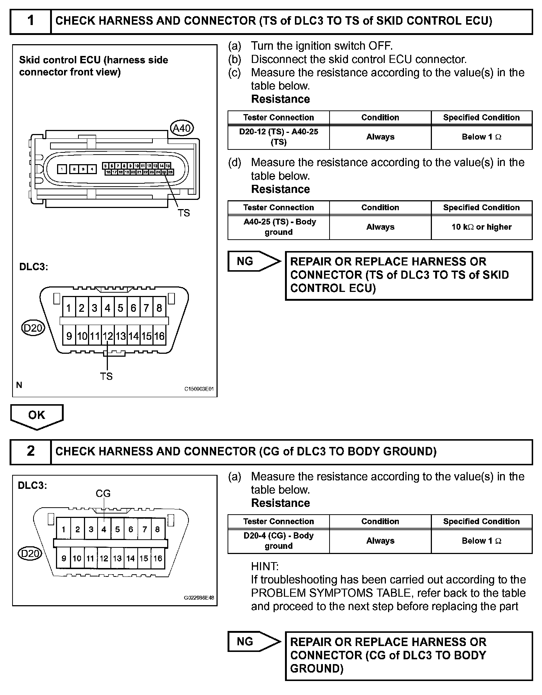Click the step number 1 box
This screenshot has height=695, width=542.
pyautogui.click(x=31, y=21)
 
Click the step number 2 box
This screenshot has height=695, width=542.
pyautogui.click(x=31, y=451)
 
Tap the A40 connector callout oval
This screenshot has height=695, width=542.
pyautogui.click(x=182, y=128)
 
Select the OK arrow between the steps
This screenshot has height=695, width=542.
pyautogui.click(x=37, y=416)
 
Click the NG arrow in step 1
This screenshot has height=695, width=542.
pyautogui.click(x=254, y=261)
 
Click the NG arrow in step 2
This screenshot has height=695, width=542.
pyautogui.click(x=254, y=642)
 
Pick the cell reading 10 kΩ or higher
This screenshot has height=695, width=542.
pyautogui.click(x=482, y=227)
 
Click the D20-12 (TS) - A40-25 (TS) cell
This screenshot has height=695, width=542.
pyautogui.click(x=279, y=137)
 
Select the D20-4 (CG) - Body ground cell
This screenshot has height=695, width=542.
pyautogui.click(x=279, y=541)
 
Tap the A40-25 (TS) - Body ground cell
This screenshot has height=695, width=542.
pyautogui.click(x=279, y=227)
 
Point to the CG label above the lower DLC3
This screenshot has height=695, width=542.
pyautogui.click(x=103, y=493)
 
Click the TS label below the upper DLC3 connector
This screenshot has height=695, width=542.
pyautogui.click(x=106, y=376)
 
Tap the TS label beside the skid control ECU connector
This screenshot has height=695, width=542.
pyautogui.click(x=184, y=213)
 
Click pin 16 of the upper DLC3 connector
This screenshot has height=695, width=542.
pyautogui.click(x=159, y=336)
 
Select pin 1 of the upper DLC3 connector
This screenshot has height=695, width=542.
pyautogui.click(x=68, y=308)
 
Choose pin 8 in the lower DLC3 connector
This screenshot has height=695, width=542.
pyautogui.click(x=158, y=529)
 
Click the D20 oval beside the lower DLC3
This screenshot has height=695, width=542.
pyautogui.click(x=30, y=553)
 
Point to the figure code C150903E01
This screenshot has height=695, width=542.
pyautogui.click(x=199, y=389)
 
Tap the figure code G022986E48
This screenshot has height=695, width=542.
pyautogui.click(x=199, y=598)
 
